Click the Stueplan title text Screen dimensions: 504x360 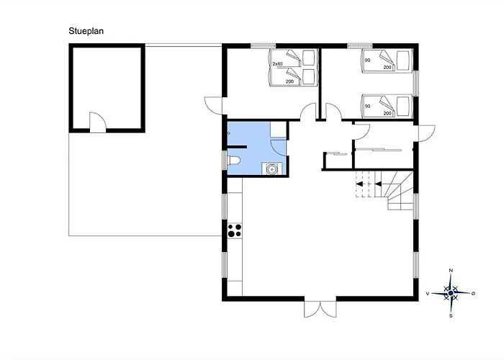point(86,31)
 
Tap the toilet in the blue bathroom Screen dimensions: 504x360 point(233,161)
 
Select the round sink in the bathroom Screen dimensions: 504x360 point(272,168)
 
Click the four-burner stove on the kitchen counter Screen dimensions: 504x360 point(235,230)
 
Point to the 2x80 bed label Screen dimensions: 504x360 point(277,64)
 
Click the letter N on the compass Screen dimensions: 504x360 point(451,271)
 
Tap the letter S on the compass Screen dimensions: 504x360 point(451,315)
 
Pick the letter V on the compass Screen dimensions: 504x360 point(428,294)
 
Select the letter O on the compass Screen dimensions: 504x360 point(473,294)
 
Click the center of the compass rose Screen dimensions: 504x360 point(451,293)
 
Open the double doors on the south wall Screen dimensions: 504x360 point(320,309)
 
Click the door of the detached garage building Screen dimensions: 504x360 point(97,122)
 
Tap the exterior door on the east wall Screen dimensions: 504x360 point(426,133)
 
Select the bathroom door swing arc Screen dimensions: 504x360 point(279,148)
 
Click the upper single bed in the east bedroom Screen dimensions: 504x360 point(387,60)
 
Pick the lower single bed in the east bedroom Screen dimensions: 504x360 point(387,106)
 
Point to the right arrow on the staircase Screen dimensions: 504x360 point(378,184)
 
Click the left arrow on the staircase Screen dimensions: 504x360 point(359,184)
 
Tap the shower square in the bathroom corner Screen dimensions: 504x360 point(278,130)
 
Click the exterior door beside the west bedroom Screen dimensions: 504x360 point(213,105)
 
